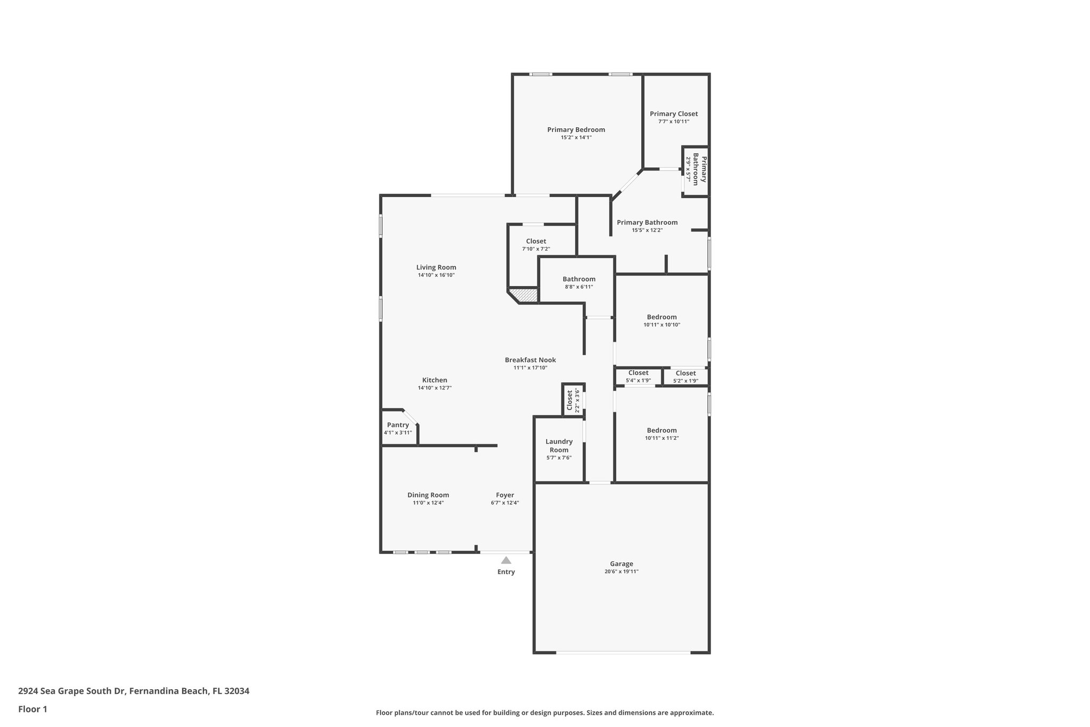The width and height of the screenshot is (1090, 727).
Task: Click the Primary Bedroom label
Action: click(x=576, y=129)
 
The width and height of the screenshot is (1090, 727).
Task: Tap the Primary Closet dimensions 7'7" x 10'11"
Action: click(x=673, y=121)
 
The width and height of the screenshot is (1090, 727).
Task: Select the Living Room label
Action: click(x=436, y=267)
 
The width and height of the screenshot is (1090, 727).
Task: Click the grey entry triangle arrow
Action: click(x=506, y=560)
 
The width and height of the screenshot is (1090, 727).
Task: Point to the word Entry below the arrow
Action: click(x=506, y=572)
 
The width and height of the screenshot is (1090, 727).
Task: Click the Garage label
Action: click(x=621, y=563)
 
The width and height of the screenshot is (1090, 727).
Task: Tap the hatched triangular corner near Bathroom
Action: click(x=526, y=295)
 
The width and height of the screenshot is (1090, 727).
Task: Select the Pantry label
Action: click(x=398, y=424)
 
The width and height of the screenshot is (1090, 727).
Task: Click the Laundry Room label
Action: click(x=559, y=445)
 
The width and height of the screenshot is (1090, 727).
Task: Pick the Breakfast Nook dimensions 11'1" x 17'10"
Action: click(x=530, y=367)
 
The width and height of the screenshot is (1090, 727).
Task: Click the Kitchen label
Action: click(x=434, y=380)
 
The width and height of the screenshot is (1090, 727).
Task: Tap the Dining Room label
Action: click(x=428, y=495)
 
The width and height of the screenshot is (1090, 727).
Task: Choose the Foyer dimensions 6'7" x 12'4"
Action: click(x=505, y=503)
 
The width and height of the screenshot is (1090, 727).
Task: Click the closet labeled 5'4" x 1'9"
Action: click(x=638, y=376)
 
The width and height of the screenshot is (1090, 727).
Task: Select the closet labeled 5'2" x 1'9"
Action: click(x=686, y=377)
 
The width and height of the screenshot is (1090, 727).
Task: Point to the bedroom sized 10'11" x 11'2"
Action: click(x=662, y=434)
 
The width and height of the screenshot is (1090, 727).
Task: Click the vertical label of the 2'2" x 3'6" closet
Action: click(x=569, y=400)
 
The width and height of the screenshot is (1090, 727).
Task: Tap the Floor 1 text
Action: click(x=32, y=709)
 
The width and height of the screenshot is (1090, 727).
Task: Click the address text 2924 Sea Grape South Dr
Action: click(x=72, y=691)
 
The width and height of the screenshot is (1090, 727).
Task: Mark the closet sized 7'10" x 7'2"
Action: click(x=535, y=244)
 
